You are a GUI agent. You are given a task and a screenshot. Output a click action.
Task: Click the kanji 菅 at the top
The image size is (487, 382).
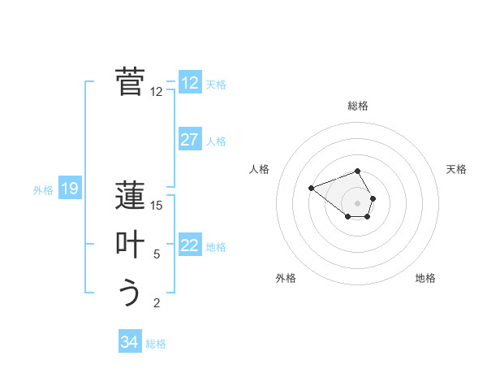(131, 82)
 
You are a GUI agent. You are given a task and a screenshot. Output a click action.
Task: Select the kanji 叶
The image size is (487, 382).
(131, 245)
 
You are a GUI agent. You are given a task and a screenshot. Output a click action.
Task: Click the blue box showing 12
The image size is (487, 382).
(190, 83)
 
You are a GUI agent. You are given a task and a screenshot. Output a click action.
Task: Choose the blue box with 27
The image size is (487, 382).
(190, 140)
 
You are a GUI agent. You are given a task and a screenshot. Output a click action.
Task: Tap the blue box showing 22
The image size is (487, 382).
(190, 245)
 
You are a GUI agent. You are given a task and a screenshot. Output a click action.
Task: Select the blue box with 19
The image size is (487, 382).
(70, 189)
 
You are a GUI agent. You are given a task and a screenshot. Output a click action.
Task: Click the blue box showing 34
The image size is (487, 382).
(130, 342)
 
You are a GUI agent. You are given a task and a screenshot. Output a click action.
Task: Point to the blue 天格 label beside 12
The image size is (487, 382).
(216, 85)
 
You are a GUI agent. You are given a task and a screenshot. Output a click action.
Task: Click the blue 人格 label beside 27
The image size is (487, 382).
(216, 141)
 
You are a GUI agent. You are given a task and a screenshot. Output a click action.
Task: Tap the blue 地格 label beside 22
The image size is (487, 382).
(216, 247)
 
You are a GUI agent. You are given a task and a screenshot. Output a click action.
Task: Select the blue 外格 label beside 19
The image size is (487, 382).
(43, 190)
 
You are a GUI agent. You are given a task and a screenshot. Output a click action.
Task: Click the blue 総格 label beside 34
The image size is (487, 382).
(156, 344)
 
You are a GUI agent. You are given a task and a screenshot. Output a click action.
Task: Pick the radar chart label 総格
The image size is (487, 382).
(358, 106)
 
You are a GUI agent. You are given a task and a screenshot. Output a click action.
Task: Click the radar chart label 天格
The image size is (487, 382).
(456, 169)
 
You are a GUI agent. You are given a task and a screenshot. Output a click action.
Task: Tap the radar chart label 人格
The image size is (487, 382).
(259, 169)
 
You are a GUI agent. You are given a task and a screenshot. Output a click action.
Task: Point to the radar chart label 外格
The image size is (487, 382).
(286, 278)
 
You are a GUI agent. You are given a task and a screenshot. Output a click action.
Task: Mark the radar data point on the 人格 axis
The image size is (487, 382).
(311, 188)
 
